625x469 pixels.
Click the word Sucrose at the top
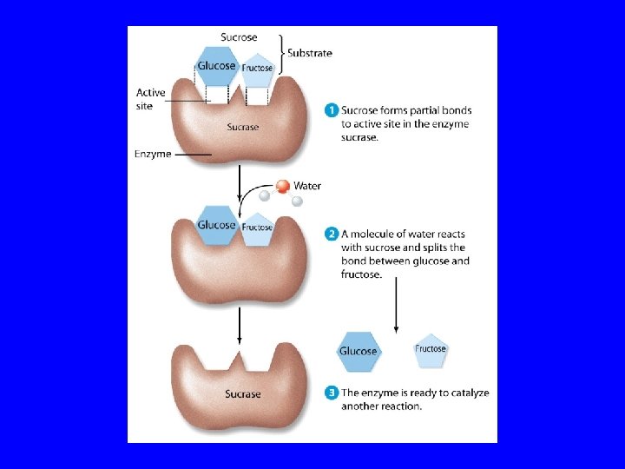pos(238,36)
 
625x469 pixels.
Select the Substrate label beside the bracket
pos(310,53)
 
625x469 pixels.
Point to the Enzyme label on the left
pos(153,155)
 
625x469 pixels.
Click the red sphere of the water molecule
pos(282,186)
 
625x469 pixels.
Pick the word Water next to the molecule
pos(307,186)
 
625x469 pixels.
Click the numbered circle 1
pos(332,110)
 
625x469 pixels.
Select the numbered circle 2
pos(332,234)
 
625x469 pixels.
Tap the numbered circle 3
pos(332,393)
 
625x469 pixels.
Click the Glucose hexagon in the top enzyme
pos(216,66)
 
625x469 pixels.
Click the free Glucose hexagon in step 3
pos(358,350)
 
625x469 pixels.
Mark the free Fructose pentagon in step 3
pos(431,350)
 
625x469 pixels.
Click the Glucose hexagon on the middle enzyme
pos(216,225)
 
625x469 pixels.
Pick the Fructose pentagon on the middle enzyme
pos(258,228)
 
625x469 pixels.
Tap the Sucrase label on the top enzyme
pos(243,128)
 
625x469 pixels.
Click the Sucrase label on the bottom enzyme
pos(243,394)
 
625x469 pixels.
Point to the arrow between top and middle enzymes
pos(239,185)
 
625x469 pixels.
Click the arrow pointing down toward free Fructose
pos(396,304)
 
